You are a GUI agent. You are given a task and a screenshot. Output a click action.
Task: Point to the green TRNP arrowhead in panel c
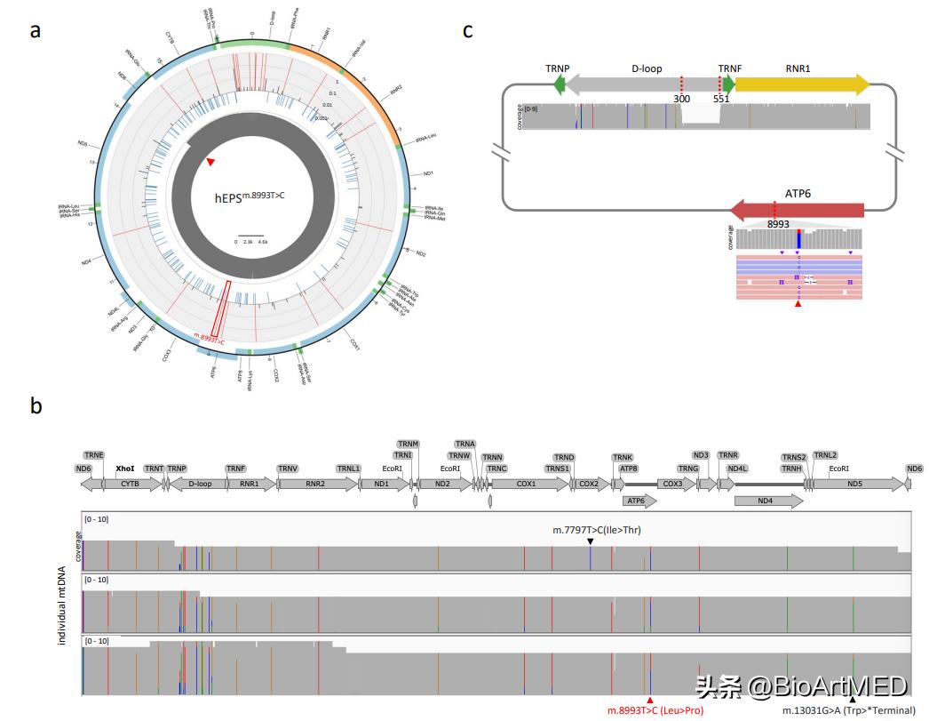(x=559, y=84)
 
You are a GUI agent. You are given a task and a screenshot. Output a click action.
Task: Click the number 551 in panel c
(x=720, y=100)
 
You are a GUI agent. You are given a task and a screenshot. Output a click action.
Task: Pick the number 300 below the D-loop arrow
(x=681, y=100)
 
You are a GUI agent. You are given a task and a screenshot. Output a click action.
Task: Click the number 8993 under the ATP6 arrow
(x=778, y=224)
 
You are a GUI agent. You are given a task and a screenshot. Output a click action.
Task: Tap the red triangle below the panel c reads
(x=798, y=305)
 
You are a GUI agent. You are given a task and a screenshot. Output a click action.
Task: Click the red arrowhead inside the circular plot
(x=210, y=162)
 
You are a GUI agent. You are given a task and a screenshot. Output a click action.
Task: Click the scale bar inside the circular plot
(x=251, y=235)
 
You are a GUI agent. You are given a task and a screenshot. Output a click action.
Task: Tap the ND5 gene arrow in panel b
(x=854, y=484)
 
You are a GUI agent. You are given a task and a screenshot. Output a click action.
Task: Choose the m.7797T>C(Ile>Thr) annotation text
(x=597, y=530)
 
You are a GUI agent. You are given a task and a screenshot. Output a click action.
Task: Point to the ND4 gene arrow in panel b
(x=767, y=501)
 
